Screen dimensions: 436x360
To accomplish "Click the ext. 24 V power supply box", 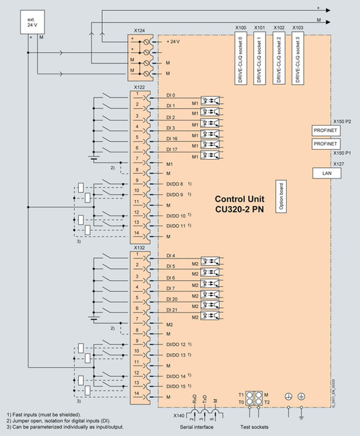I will (31, 23).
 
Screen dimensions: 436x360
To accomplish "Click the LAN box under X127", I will (326, 173).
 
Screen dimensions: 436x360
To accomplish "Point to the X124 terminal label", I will (139, 30).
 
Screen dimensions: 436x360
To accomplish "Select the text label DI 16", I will (172, 138).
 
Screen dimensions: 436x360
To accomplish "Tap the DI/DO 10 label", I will (176, 216).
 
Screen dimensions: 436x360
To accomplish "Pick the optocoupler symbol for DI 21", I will (214, 317).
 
